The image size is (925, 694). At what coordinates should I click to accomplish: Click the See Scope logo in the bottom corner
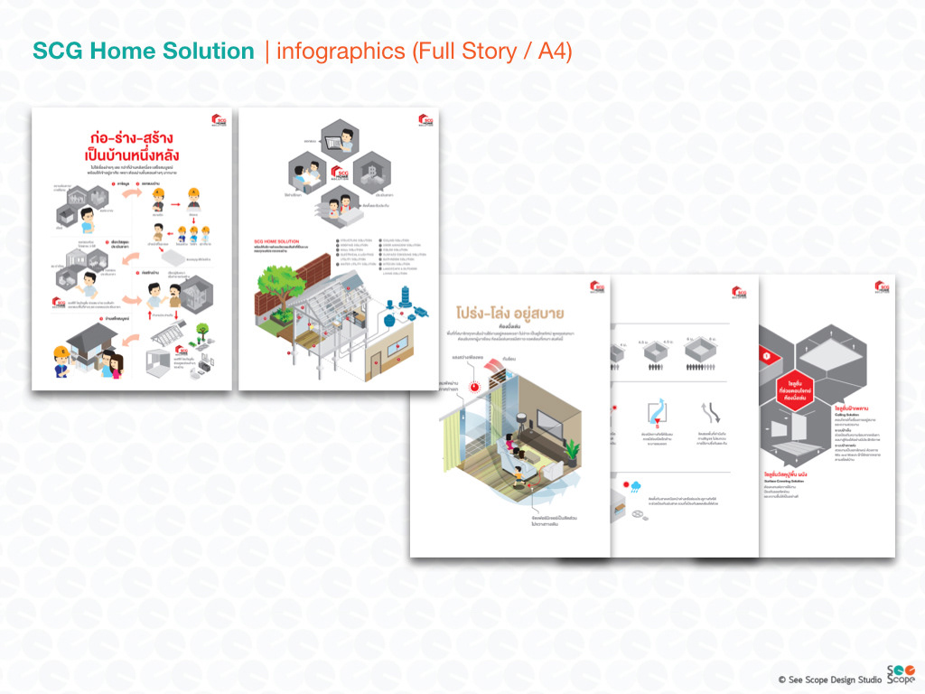point(900,674)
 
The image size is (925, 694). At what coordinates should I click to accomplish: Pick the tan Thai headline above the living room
point(510,314)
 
